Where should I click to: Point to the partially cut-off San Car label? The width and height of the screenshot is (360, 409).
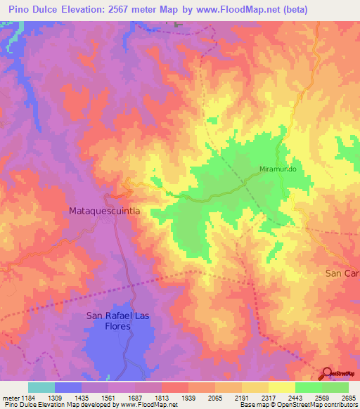point(342,273)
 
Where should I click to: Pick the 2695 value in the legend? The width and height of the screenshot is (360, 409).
point(349,397)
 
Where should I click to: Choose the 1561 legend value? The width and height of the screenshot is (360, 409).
point(108,397)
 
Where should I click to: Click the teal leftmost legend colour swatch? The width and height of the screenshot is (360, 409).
point(41,387)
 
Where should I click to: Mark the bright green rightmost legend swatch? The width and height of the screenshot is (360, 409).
point(335,387)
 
